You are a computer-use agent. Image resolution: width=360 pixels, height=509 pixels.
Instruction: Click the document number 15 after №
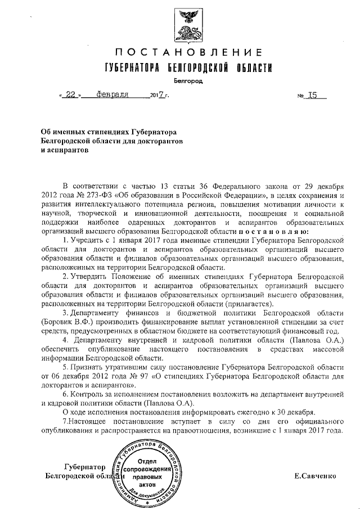309,95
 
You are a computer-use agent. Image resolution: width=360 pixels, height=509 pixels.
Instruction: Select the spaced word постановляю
272,231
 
